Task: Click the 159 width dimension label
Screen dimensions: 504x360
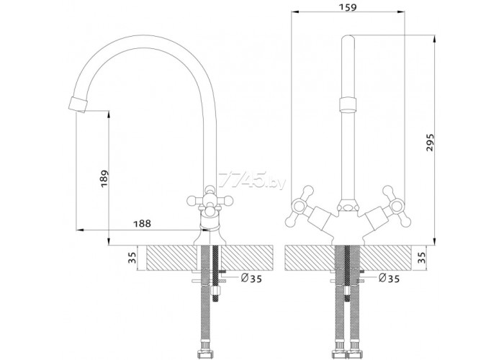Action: [x=348, y=6]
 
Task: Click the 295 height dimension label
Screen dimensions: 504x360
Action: [x=430, y=143]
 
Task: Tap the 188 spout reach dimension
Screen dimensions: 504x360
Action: [x=142, y=223]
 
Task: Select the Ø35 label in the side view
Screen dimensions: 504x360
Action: [x=251, y=279]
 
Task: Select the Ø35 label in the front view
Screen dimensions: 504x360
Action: [x=389, y=279]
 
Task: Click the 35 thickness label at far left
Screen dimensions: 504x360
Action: [x=132, y=258]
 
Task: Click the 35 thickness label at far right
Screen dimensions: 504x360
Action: [x=422, y=258]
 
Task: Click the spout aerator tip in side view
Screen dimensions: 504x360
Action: [x=78, y=104]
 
